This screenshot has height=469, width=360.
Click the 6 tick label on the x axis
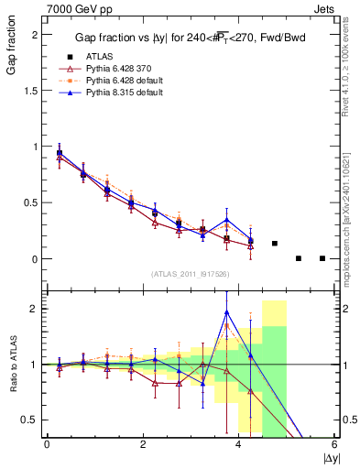334,444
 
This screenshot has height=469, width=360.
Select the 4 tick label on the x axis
238,444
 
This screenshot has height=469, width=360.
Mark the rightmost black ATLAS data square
322,258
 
